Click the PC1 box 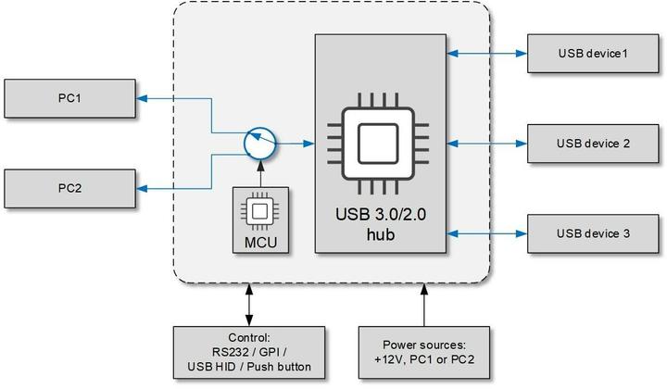tap(72, 97)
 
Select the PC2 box tap(72, 188)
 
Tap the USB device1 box tap(593, 54)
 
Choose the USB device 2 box tap(593, 144)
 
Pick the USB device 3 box tap(593, 233)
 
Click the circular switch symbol tap(260, 144)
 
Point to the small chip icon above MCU tap(260, 212)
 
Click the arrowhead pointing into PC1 tap(145, 97)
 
